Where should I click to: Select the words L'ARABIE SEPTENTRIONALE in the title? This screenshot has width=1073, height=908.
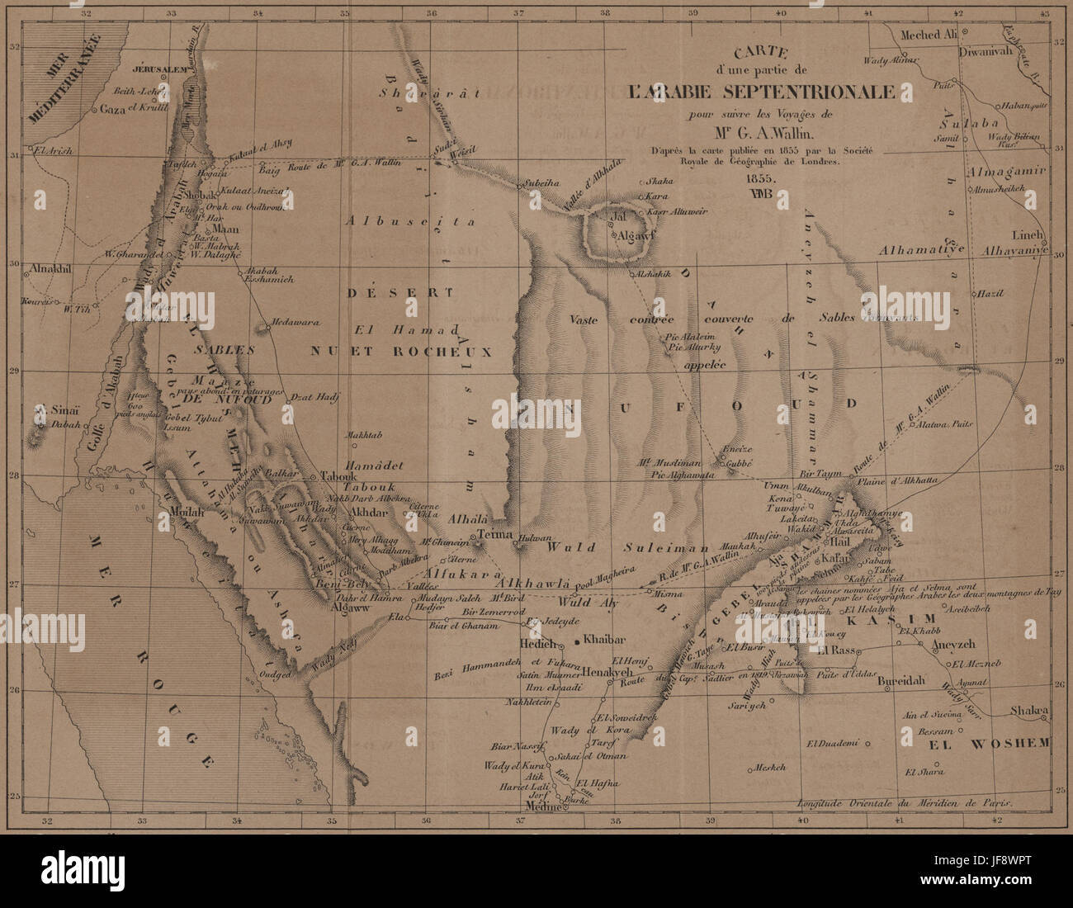[760, 92]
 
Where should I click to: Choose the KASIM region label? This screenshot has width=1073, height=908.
[892, 619]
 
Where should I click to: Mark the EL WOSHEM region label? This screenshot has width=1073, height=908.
[990, 743]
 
